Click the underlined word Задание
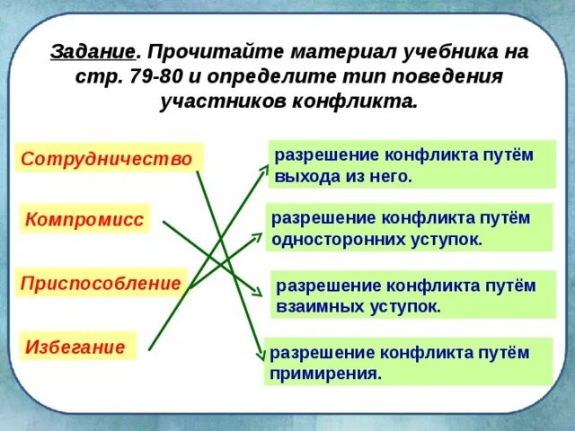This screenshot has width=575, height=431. [93, 51]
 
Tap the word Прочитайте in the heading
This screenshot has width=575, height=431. [200, 51]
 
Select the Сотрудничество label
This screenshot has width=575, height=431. [106, 159]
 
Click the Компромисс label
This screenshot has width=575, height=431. [84, 219]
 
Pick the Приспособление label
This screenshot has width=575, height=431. [101, 283]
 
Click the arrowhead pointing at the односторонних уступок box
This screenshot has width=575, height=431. [260, 235]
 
